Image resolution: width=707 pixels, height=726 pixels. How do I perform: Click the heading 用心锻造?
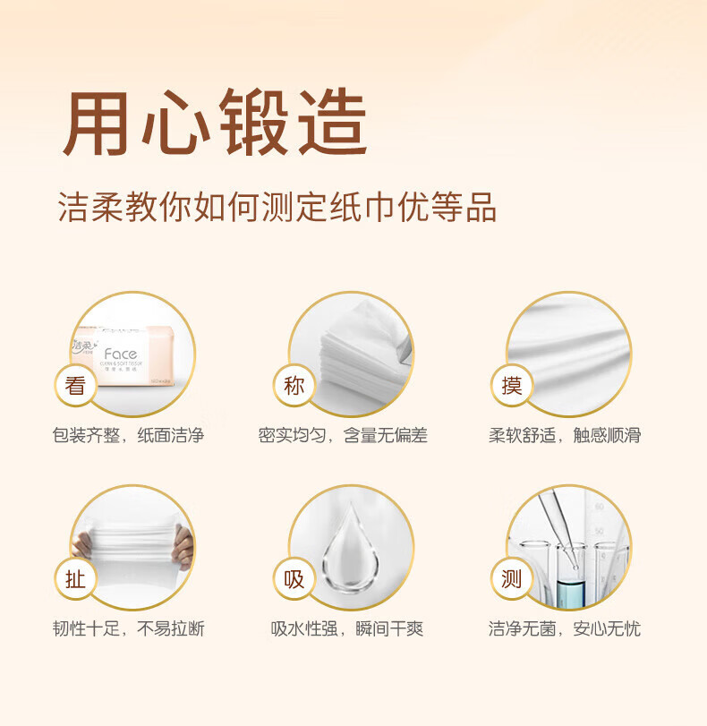pyautogui.click(x=215, y=123)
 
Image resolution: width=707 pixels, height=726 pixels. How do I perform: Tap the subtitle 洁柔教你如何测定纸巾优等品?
pyautogui.click(x=277, y=207)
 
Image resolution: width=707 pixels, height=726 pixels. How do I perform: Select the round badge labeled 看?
pyautogui.click(x=75, y=386)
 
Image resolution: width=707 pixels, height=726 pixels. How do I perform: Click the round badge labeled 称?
pyautogui.click(x=294, y=386)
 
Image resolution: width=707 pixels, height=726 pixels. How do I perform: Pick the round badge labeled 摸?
pyautogui.click(x=512, y=386)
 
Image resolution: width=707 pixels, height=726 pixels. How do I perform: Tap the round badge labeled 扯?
pyautogui.click(x=75, y=579)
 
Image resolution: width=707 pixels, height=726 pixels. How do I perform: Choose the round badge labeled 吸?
pyautogui.click(x=294, y=579)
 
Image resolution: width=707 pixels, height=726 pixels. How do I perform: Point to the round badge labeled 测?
pyautogui.click(x=512, y=579)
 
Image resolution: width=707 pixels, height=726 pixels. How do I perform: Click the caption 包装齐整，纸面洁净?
pyautogui.click(x=128, y=436)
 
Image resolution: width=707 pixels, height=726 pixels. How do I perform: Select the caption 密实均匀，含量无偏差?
pyautogui.click(x=343, y=436)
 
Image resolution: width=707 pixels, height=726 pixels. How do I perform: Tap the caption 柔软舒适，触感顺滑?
pyautogui.click(x=565, y=436)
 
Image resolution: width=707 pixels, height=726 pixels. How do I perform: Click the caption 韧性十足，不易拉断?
pyautogui.click(x=128, y=629)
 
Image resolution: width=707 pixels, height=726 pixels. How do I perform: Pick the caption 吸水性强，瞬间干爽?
pyautogui.click(x=347, y=629)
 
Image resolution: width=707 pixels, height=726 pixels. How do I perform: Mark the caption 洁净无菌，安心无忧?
pyautogui.click(x=565, y=629)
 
